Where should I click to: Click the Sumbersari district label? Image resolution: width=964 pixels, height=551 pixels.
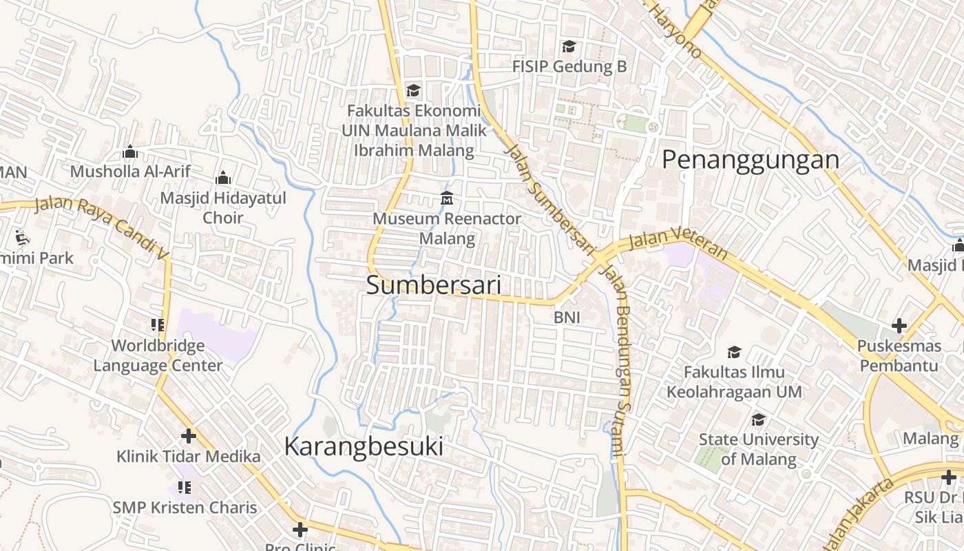pos(433,285)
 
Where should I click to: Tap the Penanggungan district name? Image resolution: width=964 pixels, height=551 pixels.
pos(751,160)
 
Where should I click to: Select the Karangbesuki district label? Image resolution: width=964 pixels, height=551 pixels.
pos(364,447)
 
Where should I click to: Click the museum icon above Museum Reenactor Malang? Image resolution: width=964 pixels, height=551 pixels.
pos(447,198)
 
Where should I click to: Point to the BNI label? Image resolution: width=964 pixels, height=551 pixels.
pos(567,318)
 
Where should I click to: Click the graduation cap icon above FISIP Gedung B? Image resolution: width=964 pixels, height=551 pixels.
pos(569,47)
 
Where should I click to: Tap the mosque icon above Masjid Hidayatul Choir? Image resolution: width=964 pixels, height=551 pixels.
pos(222,178)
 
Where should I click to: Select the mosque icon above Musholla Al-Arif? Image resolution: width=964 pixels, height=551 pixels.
pos(130,152)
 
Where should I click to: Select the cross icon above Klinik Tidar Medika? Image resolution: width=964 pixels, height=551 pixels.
pos(188,436)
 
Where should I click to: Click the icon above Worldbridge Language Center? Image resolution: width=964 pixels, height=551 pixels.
pos(158,324)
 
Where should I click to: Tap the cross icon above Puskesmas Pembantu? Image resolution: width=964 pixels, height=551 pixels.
pos(899,326)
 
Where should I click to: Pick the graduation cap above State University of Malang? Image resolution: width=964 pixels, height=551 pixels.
pos(758,419)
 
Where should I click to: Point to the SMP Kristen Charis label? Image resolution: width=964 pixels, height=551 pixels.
pos(185,508)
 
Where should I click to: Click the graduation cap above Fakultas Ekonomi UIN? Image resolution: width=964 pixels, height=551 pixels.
pos(413,91)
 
